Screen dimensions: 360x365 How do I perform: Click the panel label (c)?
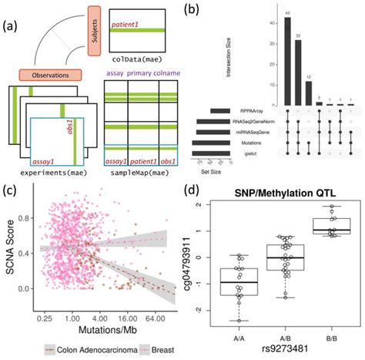point(12,187)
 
